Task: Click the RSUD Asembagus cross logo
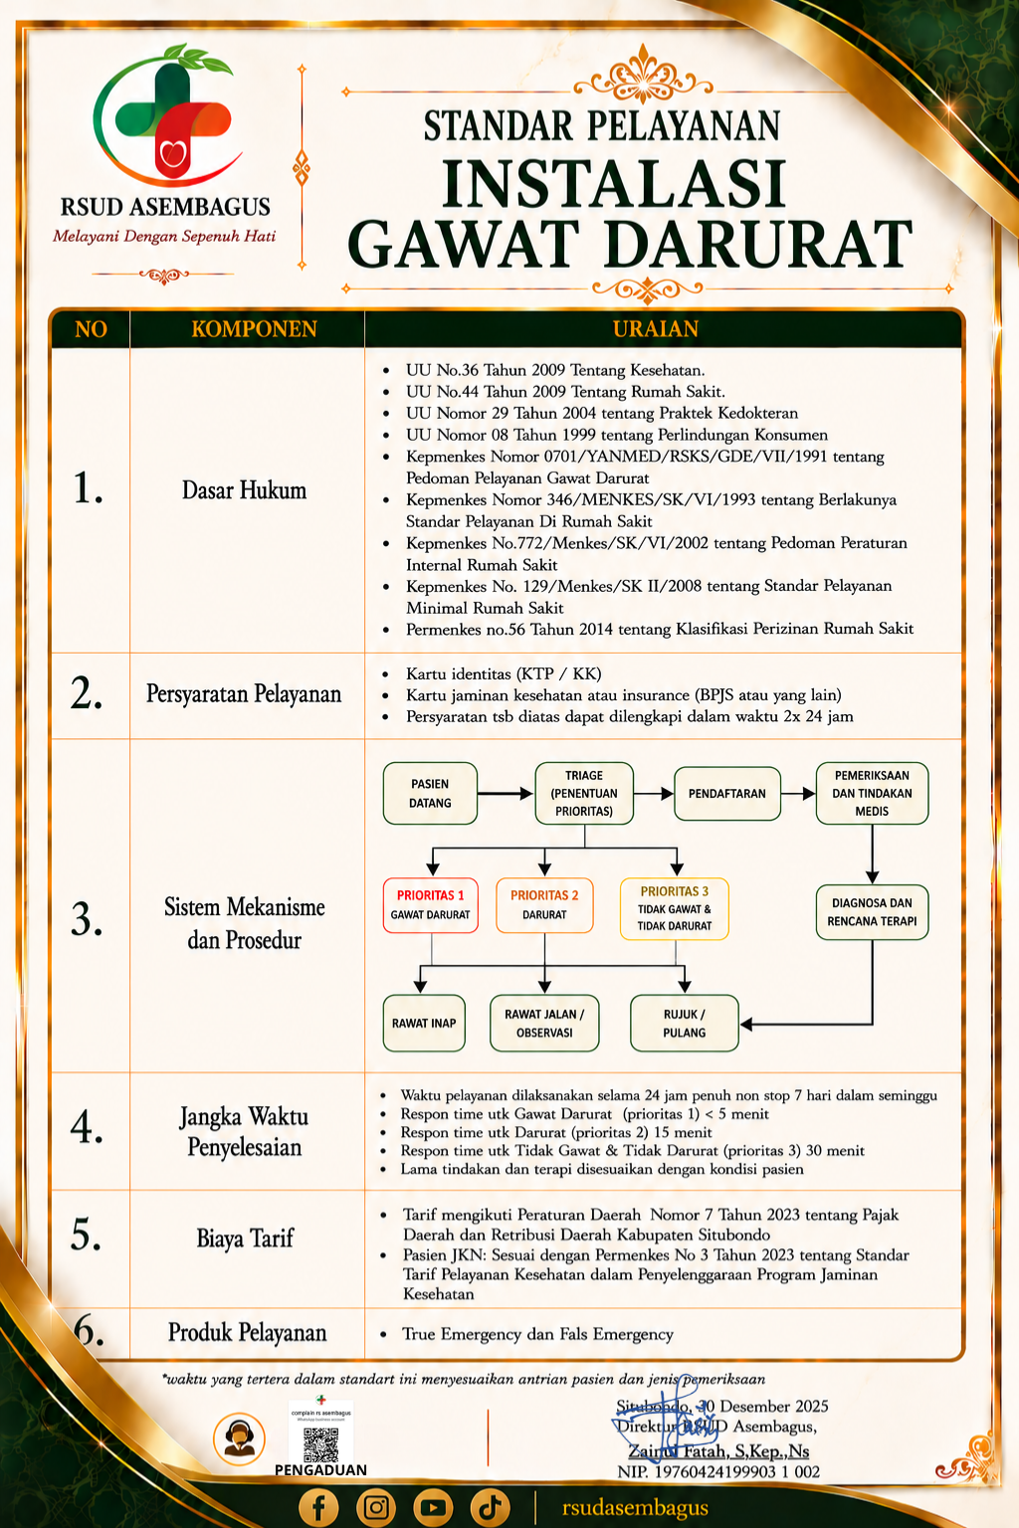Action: coord(168,116)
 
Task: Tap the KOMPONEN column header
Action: coord(254,329)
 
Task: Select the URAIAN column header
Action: coord(655,329)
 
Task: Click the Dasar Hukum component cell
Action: coord(245,490)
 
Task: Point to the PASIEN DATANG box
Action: coord(430,793)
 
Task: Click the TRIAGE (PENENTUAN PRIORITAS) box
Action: coord(584,793)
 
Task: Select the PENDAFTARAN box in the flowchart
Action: coord(726,793)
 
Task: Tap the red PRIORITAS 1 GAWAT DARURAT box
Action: coord(431,905)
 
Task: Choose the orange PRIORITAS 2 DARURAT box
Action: coord(544,905)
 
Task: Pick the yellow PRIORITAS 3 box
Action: coord(675,908)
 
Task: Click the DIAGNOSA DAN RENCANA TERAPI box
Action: coord(873,912)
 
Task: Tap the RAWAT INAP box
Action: coord(424,1024)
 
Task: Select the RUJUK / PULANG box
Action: coord(685,1024)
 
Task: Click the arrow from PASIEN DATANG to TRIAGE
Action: coord(506,793)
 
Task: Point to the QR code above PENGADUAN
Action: coord(320,1444)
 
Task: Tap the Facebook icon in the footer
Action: coord(318,1507)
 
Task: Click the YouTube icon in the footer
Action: coord(433,1507)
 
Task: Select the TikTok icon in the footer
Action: coord(490,1507)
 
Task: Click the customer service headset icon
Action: coord(239,1438)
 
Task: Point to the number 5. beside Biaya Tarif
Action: coord(86,1236)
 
